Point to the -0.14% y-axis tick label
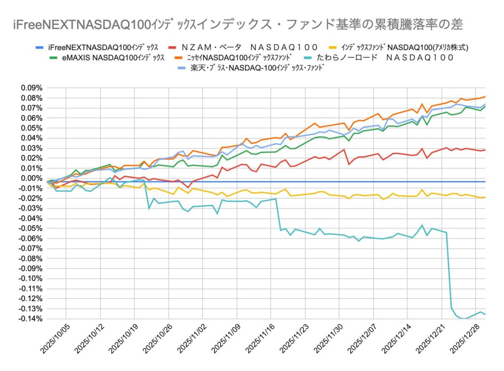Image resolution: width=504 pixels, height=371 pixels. click(x=31, y=319)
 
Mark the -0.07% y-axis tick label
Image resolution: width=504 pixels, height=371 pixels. click(x=31, y=248)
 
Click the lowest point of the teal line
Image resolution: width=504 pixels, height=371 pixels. click(x=463, y=319)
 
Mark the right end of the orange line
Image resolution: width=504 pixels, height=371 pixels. click(x=485, y=97)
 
